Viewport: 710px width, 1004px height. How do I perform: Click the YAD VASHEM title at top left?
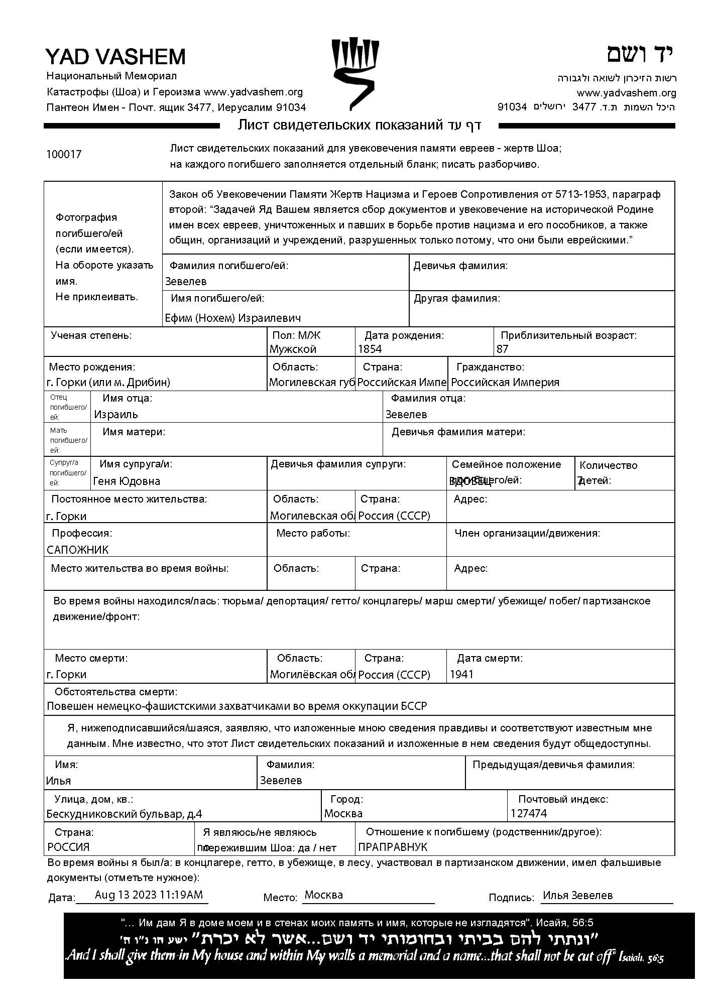[115, 57]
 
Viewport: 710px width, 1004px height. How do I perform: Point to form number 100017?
[64, 154]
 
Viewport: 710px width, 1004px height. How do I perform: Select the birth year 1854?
[370, 349]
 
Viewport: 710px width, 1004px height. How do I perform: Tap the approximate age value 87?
[502, 349]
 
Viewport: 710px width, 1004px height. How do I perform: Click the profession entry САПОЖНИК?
[78, 550]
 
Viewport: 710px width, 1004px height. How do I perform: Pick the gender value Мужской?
[293, 349]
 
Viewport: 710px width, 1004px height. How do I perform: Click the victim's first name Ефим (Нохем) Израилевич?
[233, 318]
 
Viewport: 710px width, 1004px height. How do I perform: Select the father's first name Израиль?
[116, 414]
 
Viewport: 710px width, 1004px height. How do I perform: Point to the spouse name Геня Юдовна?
[127, 481]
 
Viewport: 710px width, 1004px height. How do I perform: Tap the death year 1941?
[461, 674]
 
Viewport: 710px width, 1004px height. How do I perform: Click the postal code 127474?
[529, 813]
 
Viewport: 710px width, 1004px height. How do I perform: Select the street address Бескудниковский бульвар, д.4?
[124, 814]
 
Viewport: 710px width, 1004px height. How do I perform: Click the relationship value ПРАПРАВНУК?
[393, 847]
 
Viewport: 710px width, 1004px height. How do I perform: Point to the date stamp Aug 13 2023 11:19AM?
[149, 895]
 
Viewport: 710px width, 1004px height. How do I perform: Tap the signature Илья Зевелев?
[577, 895]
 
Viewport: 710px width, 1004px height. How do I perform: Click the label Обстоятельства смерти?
[116, 692]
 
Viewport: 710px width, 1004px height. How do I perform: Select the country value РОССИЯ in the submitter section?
[69, 847]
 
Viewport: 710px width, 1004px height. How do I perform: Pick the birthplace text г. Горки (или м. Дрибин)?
[108, 382]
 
